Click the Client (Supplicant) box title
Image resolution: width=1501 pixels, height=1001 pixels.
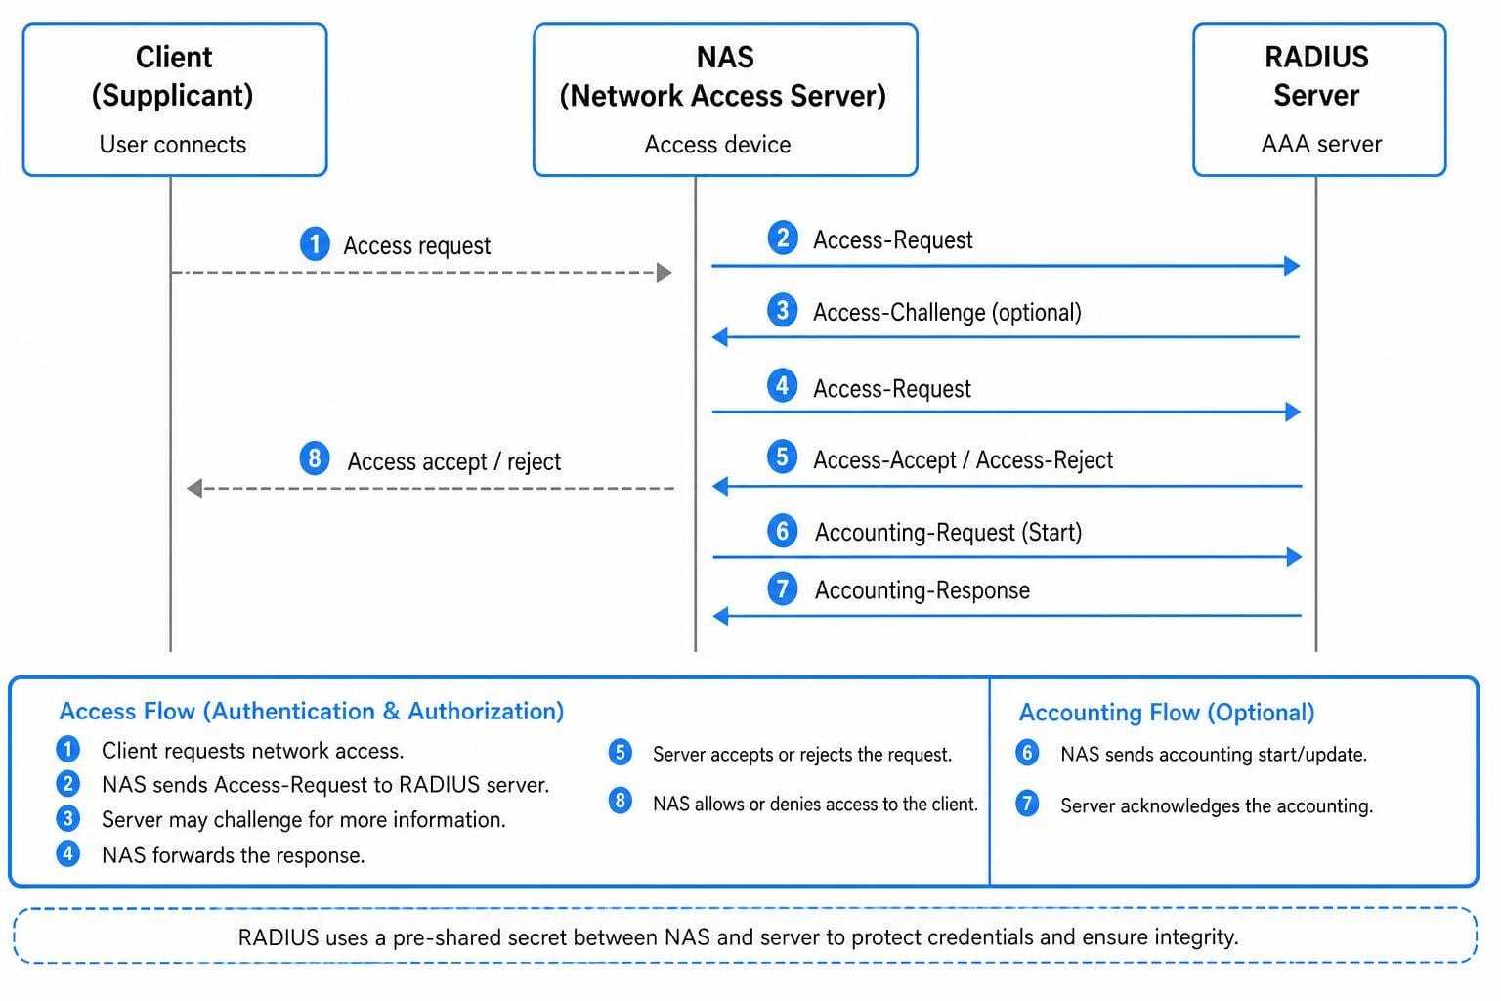click(173, 76)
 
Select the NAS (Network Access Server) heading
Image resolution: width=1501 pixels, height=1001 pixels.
click(724, 76)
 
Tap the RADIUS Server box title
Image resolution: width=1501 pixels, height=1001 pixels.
click(1316, 75)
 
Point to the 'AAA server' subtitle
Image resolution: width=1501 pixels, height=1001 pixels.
click(1321, 144)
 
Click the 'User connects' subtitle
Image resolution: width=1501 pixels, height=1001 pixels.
click(173, 144)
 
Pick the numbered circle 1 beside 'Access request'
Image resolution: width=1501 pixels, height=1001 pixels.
click(315, 243)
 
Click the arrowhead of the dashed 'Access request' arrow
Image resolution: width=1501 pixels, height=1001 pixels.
click(665, 272)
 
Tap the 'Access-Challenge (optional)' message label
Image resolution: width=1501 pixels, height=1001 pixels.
click(947, 313)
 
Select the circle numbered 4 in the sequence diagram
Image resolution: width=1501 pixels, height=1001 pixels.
click(782, 385)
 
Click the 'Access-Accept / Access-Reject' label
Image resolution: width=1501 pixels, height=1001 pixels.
click(963, 460)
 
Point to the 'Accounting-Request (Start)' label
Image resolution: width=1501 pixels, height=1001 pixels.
click(948, 533)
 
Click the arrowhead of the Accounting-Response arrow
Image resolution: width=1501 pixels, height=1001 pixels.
click(721, 616)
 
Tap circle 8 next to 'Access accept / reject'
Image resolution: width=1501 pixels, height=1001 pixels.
click(315, 458)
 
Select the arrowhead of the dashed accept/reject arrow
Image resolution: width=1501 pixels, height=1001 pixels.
click(195, 488)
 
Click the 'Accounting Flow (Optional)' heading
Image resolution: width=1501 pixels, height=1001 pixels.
click(1167, 712)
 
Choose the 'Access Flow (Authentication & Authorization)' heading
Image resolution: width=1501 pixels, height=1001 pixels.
click(312, 711)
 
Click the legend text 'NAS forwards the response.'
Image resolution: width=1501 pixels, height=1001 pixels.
click(234, 855)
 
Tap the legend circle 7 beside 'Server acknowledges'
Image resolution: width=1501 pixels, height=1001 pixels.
click(1027, 804)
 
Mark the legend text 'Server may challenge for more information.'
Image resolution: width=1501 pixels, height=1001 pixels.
click(304, 819)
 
